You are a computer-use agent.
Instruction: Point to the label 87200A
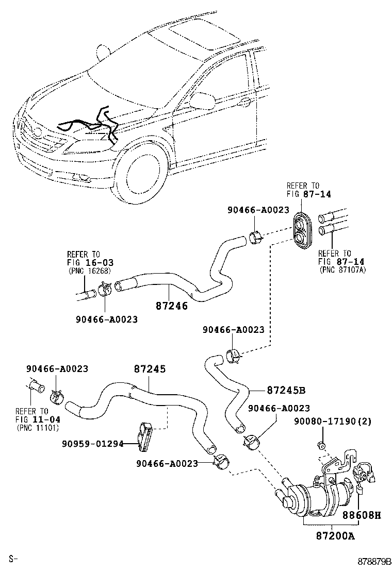coord(334,536)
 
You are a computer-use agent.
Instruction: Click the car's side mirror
coord(204,98)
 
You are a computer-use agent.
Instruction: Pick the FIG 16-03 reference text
coord(86,262)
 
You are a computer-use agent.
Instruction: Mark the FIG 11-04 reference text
coord(32,419)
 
